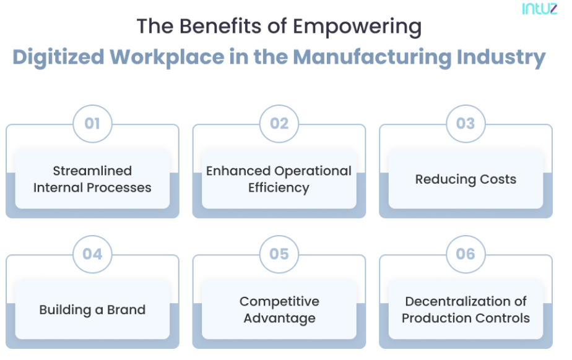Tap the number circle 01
point(92,124)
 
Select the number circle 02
point(279,124)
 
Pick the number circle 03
point(466,124)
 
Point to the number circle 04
point(92,254)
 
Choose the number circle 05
point(279,254)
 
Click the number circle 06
point(466,254)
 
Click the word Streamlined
point(92,171)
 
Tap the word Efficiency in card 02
point(279,187)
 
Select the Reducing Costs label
point(466,179)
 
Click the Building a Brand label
point(92,310)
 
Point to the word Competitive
point(279,302)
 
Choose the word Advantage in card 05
point(279,319)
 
